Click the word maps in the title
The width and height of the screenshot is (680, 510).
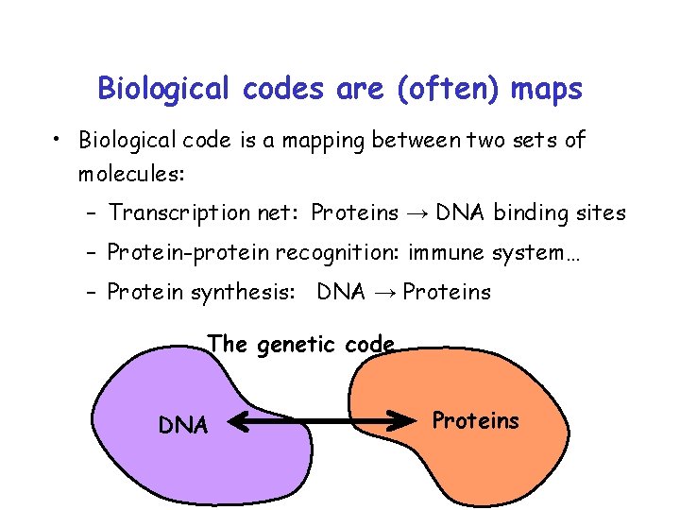(x=546, y=89)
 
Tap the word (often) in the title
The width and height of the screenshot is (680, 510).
(x=450, y=89)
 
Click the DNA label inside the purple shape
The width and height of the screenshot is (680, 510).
(x=182, y=426)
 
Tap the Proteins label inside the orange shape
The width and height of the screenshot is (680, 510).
(x=475, y=420)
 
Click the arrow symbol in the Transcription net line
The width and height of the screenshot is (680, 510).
(x=416, y=214)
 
